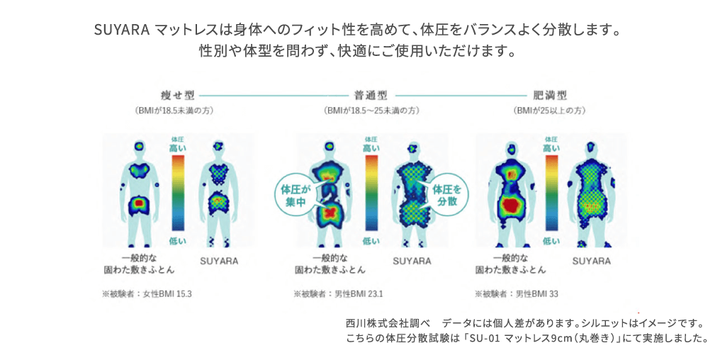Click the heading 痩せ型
177,96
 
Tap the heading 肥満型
550,96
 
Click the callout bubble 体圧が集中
293,195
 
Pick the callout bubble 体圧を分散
448,195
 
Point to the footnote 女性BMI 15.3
167,294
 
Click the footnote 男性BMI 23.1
359,294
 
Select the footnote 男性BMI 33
536,294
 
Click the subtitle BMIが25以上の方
550,111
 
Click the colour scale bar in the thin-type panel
178,193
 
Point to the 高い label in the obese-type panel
551,148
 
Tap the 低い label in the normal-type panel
371,240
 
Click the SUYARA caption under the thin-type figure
220,261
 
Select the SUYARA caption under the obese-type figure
592,261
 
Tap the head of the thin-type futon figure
139,147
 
